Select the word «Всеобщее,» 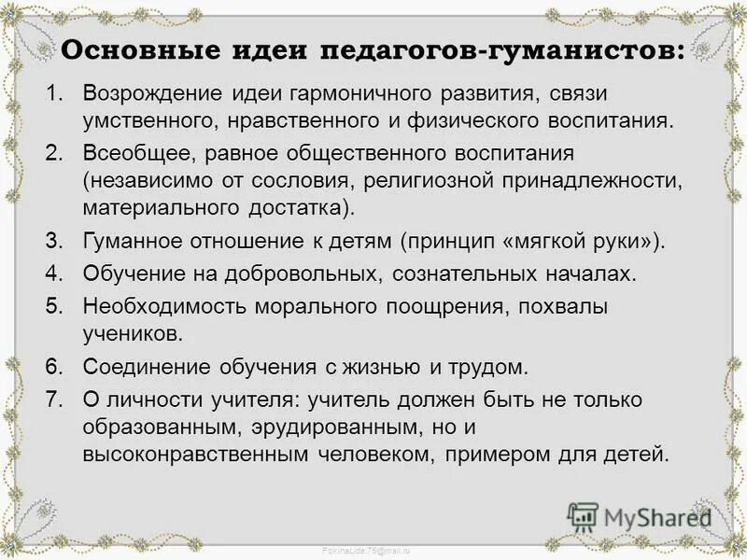click(133, 153)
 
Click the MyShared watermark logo click(641, 516)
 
